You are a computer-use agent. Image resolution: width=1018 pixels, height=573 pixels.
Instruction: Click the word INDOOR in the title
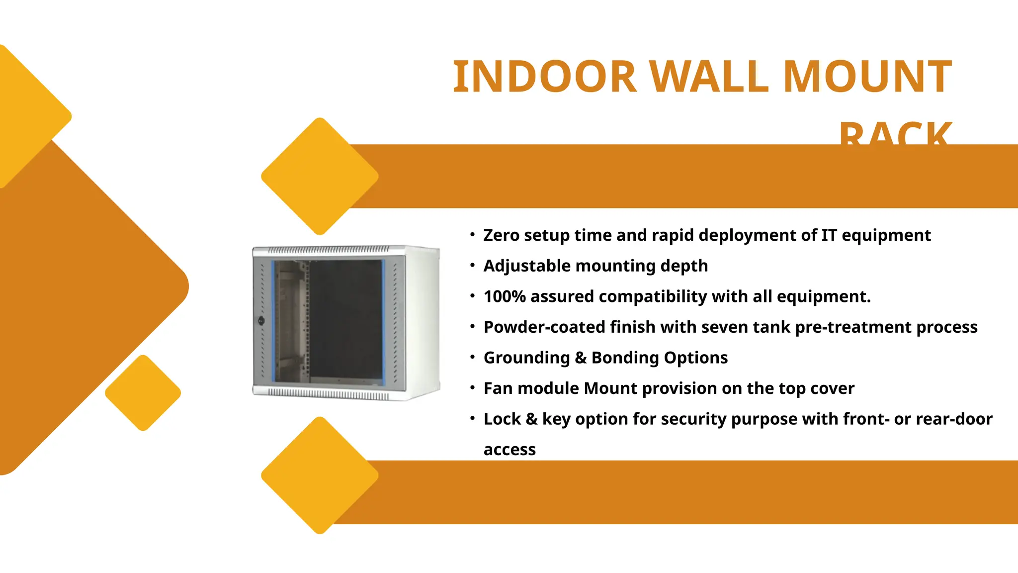tap(544, 77)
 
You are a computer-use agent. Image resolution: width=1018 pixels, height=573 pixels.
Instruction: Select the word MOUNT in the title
tap(867, 77)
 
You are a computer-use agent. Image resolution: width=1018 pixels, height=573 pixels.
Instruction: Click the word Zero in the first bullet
tap(501, 235)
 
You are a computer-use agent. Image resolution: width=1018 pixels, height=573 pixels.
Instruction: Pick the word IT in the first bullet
tap(829, 235)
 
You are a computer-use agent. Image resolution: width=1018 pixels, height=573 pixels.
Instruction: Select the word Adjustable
tap(526, 266)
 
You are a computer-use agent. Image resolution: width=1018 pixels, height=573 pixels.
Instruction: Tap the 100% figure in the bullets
tap(505, 297)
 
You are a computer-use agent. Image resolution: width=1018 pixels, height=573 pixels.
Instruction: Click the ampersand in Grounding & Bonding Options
tap(581, 358)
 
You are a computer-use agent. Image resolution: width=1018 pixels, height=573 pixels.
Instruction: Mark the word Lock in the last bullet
tap(502, 419)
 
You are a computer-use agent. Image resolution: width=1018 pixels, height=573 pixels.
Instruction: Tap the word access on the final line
tap(509, 450)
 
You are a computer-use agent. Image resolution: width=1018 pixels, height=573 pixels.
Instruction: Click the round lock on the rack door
tap(261, 320)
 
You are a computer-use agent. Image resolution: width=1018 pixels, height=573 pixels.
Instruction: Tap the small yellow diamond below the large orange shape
tap(143, 393)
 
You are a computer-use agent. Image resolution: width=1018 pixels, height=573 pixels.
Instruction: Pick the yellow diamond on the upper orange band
tap(320, 176)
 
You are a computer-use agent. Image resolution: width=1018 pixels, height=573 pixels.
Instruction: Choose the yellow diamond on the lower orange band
tap(320, 476)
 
